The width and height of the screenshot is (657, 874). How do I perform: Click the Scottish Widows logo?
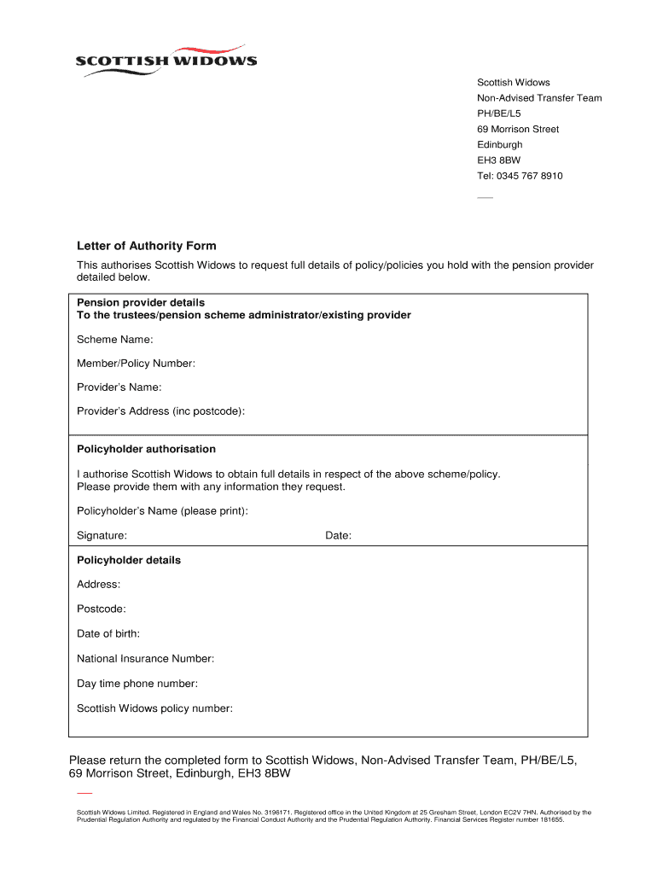pos(166,61)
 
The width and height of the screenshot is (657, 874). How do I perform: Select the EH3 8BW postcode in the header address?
pos(498,160)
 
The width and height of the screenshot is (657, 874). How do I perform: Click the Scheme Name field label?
pos(115,340)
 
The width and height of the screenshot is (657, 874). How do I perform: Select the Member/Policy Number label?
pos(136,364)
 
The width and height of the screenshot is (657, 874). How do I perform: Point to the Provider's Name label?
pos(119,387)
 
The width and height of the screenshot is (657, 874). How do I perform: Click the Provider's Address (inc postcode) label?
pos(160,411)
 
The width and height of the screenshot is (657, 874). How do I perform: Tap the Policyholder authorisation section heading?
pos(146,449)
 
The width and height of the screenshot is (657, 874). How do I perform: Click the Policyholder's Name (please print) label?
pos(162,511)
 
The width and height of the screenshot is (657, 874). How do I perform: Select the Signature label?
pos(102,536)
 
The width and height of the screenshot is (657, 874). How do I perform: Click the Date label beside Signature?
pos(338,536)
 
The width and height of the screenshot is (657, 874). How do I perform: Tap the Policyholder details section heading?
pos(129,561)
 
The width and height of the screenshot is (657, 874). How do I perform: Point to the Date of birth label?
pos(108,634)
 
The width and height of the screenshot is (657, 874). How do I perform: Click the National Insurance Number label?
pos(145,659)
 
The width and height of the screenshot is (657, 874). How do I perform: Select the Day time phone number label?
pos(137,684)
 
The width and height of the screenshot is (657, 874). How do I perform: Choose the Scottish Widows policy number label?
pos(154,708)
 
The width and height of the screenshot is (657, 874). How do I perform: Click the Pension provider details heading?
pos(141,303)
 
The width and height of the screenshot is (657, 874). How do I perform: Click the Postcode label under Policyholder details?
pos(101,609)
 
